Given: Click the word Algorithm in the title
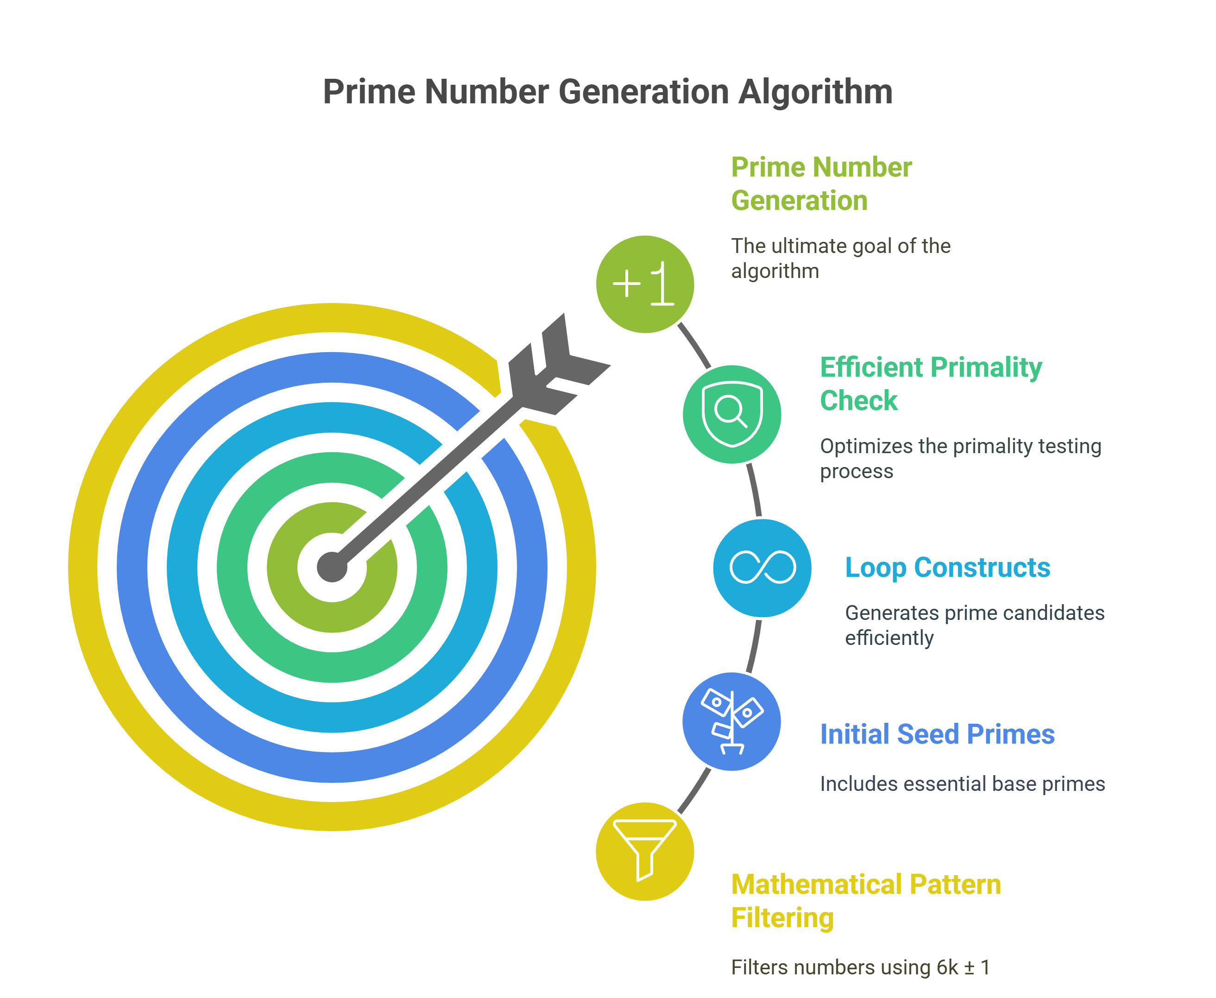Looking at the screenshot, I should click(x=815, y=92).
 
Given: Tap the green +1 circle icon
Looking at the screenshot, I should click(x=645, y=284).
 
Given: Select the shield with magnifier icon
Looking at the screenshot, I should click(x=731, y=414).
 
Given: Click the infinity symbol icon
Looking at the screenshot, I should click(x=762, y=568).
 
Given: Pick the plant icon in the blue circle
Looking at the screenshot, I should click(x=731, y=721).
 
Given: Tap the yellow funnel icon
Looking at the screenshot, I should click(x=645, y=851).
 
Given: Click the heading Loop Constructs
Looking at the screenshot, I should click(x=947, y=568).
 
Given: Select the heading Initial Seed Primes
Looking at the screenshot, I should click(x=937, y=734).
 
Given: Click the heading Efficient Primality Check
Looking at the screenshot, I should click(x=930, y=384).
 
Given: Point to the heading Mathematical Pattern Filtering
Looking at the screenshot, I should click(x=865, y=901).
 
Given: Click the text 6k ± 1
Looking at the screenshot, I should click(x=963, y=967).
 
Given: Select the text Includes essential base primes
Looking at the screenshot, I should click(x=962, y=784).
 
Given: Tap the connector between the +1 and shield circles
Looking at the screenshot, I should click(x=695, y=345).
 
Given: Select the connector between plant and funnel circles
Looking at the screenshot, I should click(x=695, y=790).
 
